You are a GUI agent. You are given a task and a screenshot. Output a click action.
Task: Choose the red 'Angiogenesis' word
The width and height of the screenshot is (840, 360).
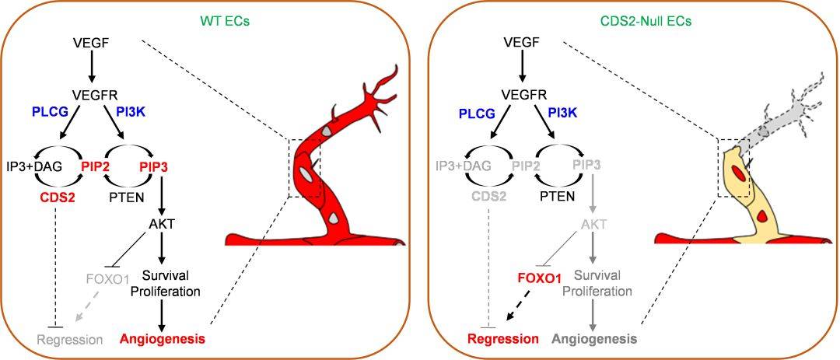pyautogui.click(x=163, y=339)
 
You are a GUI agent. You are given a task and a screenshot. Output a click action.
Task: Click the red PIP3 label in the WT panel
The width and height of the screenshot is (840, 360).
pyautogui.click(x=155, y=166)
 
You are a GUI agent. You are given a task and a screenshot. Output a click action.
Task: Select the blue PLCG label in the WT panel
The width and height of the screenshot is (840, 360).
pyautogui.click(x=51, y=114)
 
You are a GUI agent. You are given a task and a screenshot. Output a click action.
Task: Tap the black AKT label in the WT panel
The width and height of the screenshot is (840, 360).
pyautogui.click(x=163, y=224)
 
